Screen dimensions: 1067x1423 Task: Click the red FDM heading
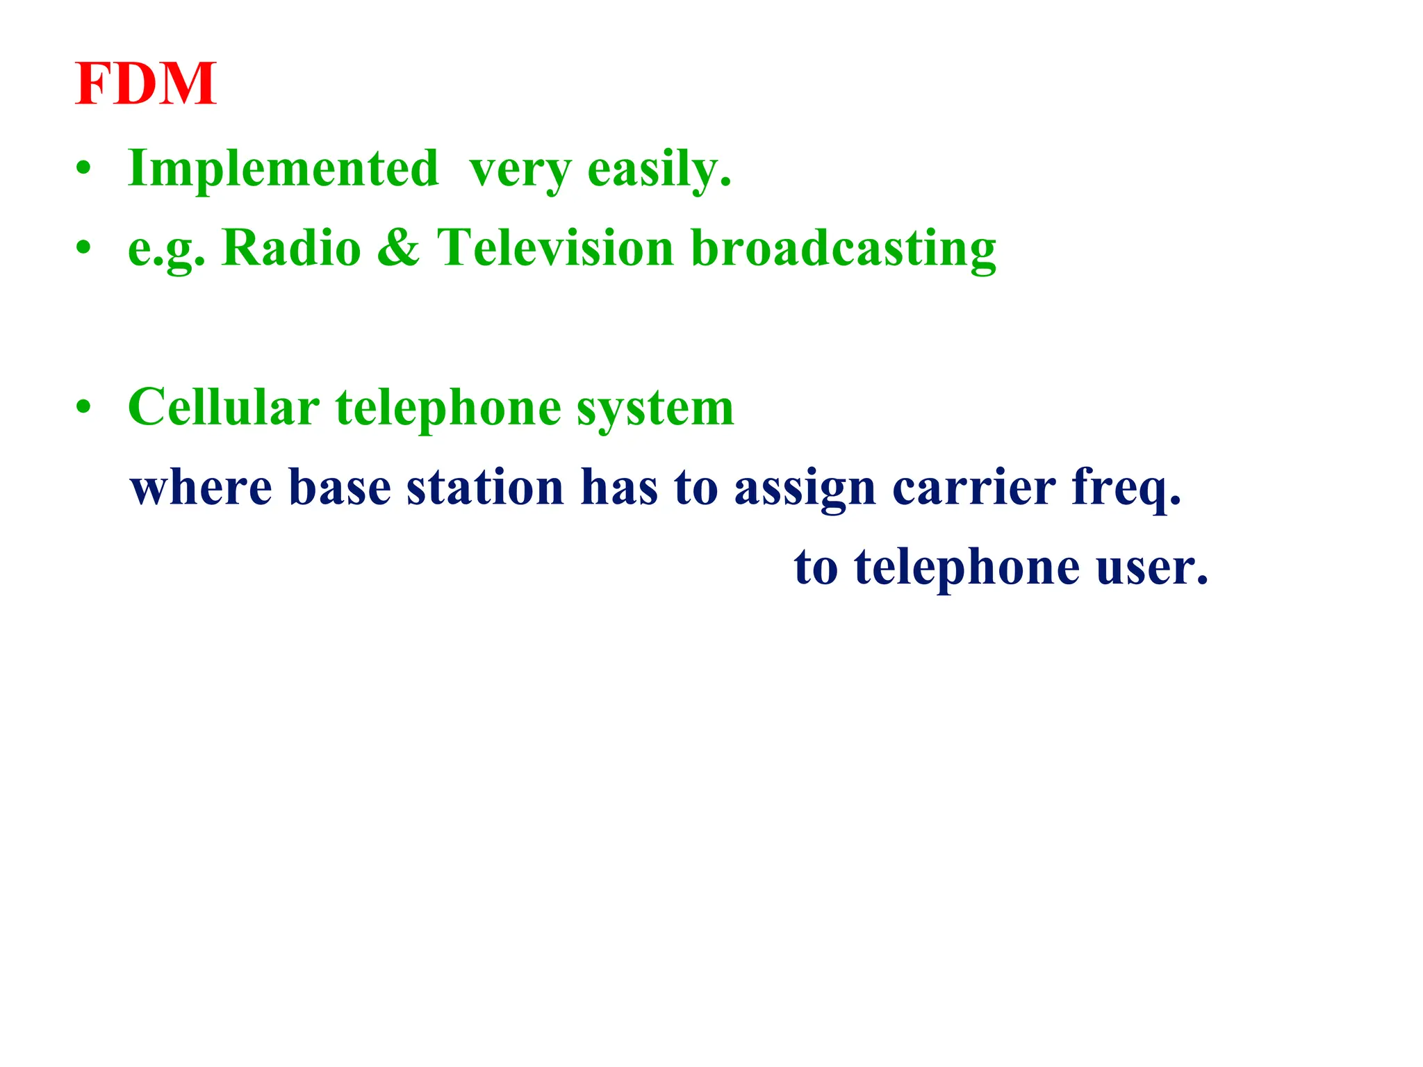(146, 84)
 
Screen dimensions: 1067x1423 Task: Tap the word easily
(659, 169)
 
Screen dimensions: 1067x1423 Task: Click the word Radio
(291, 248)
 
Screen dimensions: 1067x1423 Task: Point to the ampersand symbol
(398, 248)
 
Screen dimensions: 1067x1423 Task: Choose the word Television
(555, 248)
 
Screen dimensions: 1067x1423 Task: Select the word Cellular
(224, 407)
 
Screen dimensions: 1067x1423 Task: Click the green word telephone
(448, 408)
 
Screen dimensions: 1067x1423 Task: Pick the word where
(201, 488)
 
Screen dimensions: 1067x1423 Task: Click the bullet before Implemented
(84, 169)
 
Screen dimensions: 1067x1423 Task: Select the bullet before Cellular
(84, 408)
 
